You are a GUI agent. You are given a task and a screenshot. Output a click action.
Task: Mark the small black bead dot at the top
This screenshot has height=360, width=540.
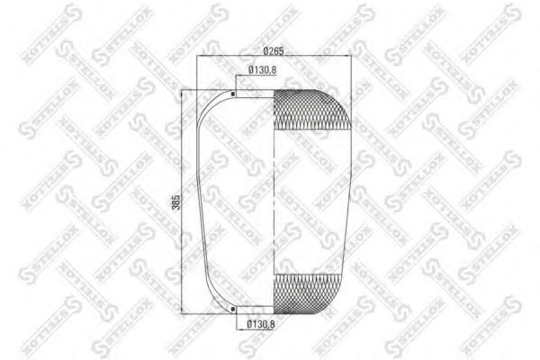point(233,94)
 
